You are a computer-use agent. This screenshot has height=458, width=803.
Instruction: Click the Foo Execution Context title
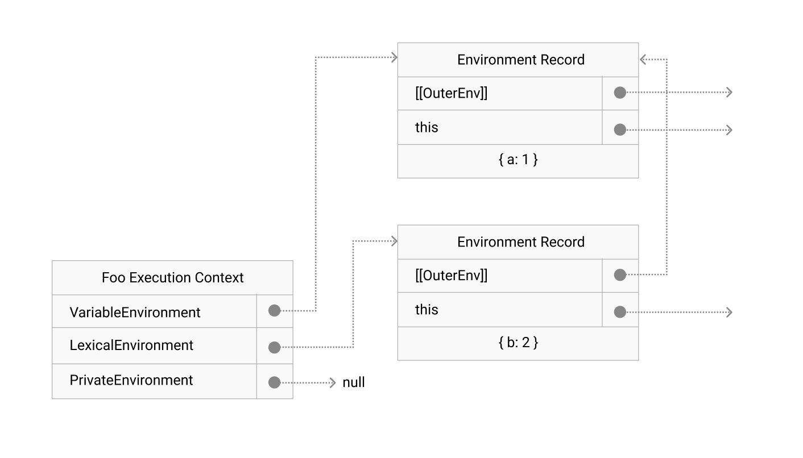click(172, 278)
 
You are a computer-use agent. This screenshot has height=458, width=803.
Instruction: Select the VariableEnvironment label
click(135, 313)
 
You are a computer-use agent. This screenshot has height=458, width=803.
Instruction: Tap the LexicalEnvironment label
click(131, 345)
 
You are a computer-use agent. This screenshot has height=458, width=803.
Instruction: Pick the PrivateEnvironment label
click(131, 380)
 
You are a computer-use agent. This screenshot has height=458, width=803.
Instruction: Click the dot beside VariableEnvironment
click(274, 311)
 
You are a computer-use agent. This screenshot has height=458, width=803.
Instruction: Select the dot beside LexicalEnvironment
click(274, 347)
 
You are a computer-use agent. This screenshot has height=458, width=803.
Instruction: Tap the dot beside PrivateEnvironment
click(274, 382)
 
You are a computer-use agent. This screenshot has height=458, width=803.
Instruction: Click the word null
click(353, 383)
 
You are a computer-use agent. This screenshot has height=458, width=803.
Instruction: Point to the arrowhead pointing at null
click(333, 383)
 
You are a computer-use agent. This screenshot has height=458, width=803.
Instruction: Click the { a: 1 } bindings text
click(518, 160)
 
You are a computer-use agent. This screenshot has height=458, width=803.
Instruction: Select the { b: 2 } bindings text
click(518, 343)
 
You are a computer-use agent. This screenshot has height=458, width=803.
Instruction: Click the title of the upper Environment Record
click(520, 60)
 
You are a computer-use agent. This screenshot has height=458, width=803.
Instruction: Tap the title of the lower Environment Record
click(520, 242)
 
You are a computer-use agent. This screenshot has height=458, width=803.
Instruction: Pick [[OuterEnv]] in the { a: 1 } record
click(451, 93)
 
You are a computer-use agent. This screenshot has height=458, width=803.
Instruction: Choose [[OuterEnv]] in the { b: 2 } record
click(451, 276)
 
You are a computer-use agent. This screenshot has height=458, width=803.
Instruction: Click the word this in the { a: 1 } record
click(427, 127)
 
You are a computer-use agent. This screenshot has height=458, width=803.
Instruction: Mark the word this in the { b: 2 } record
click(427, 310)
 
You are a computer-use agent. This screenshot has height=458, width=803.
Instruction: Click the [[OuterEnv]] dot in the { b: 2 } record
click(620, 275)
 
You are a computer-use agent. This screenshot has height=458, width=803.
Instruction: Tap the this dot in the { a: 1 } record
click(620, 130)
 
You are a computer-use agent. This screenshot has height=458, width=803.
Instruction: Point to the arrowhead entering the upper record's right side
click(643, 59)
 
